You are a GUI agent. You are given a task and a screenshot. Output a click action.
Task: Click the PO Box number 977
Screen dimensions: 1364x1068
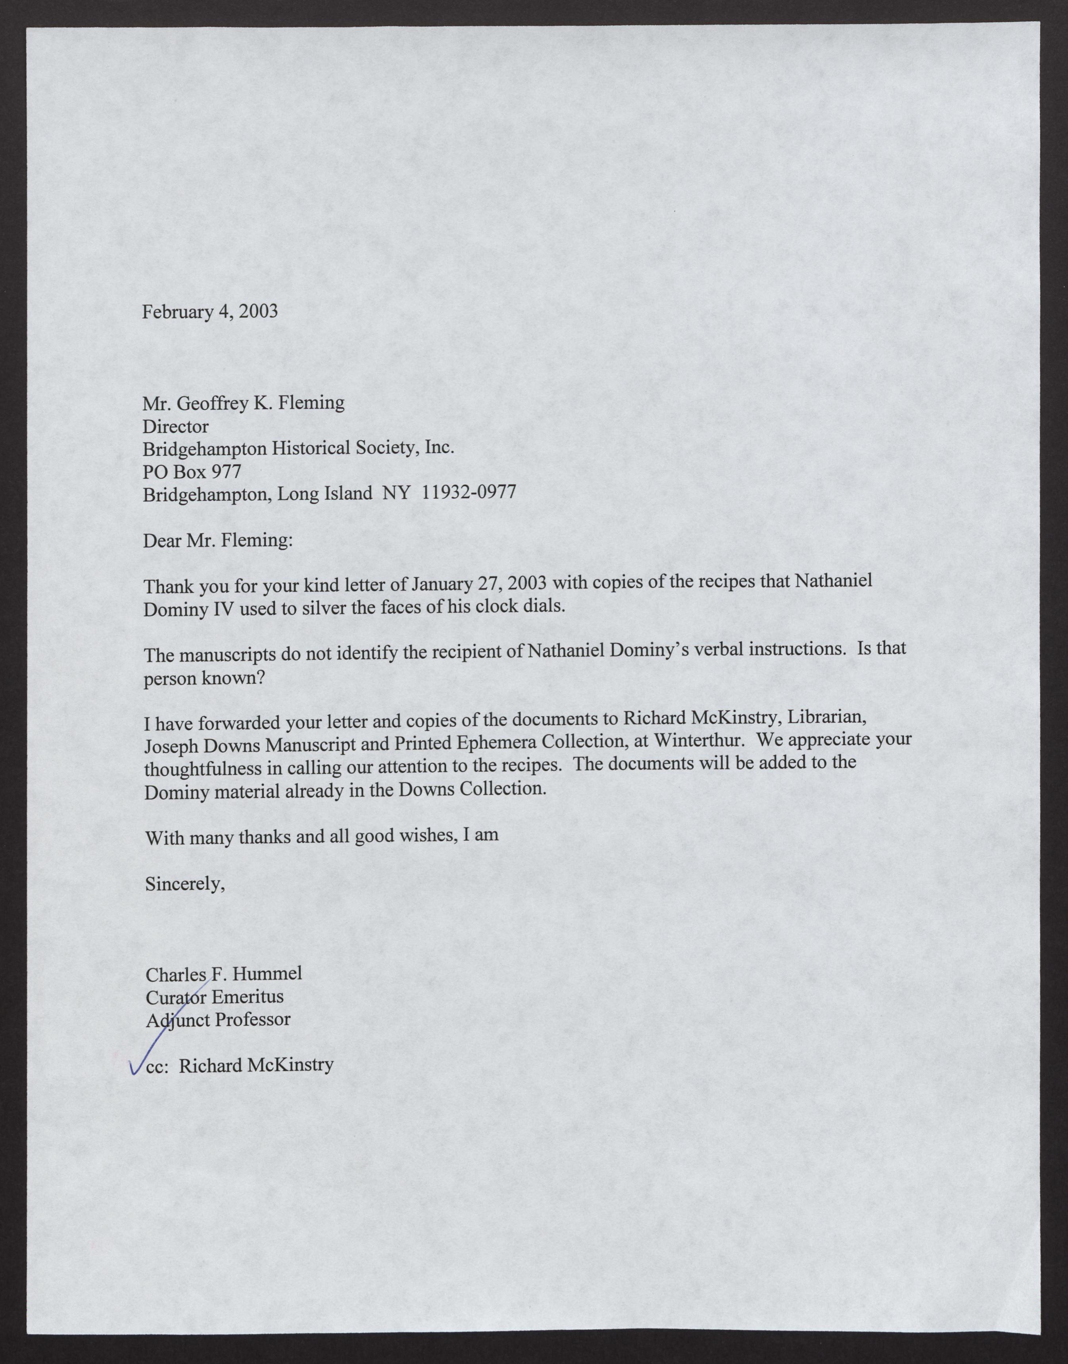point(227,472)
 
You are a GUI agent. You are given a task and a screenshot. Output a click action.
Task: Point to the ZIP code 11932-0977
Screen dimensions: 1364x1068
point(469,492)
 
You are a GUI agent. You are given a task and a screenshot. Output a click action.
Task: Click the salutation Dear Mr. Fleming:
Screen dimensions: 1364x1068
point(217,540)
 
